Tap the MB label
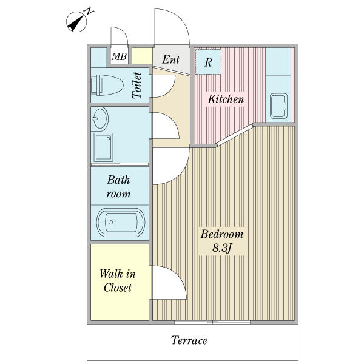tap(119, 56)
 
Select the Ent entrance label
tap(171, 59)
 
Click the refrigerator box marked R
tap(208, 62)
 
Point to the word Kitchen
tap(226, 99)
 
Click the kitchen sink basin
tap(279, 106)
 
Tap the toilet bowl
tap(107, 85)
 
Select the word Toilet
tap(136, 86)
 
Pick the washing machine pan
tap(104, 147)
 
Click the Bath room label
tap(118, 187)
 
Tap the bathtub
tap(121, 223)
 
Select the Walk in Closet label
tap(118, 281)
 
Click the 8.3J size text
tap(222, 248)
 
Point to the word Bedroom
tap(222, 234)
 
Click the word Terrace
tap(189, 340)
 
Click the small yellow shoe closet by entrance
tap(142, 56)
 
